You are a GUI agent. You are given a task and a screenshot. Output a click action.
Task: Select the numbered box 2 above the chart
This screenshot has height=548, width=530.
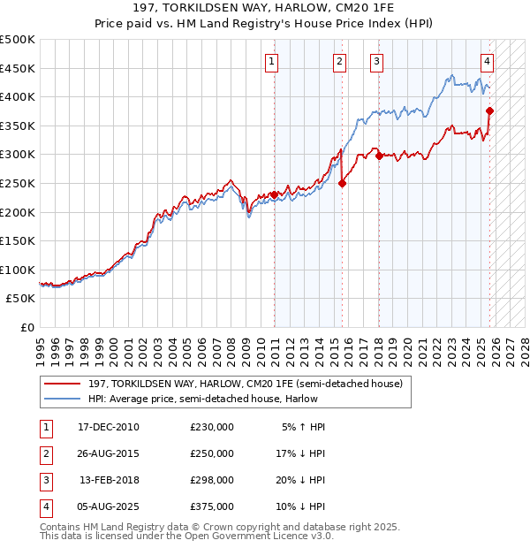(x=339, y=61)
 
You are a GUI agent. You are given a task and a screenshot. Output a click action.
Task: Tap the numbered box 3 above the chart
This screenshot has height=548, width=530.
(x=376, y=61)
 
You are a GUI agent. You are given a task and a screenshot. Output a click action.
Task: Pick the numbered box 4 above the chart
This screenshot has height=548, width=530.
(x=487, y=61)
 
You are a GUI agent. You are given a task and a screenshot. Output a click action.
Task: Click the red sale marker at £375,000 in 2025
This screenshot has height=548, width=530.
(x=490, y=111)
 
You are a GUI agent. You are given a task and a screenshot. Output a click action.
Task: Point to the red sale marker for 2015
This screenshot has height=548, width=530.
(x=342, y=183)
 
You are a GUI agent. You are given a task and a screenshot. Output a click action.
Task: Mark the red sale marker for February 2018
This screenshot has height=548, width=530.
(x=378, y=156)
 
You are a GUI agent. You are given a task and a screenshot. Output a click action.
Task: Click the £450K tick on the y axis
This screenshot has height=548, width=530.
(x=18, y=68)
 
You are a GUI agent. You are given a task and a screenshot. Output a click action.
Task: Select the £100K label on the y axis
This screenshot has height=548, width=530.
(x=18, y=270)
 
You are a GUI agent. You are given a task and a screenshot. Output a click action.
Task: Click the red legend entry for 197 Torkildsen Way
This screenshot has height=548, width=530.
(x=245, y=384)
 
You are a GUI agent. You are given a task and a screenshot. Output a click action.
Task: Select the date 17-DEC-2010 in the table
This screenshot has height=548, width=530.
(x=108, y=427)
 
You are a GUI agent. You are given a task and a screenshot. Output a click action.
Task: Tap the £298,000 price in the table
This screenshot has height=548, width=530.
(x=211, y=480)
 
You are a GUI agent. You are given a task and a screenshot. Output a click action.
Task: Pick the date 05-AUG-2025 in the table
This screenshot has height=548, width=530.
(x=108, y=506)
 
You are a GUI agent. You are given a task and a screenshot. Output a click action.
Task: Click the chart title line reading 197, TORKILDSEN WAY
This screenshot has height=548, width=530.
(x=264, y=10)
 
